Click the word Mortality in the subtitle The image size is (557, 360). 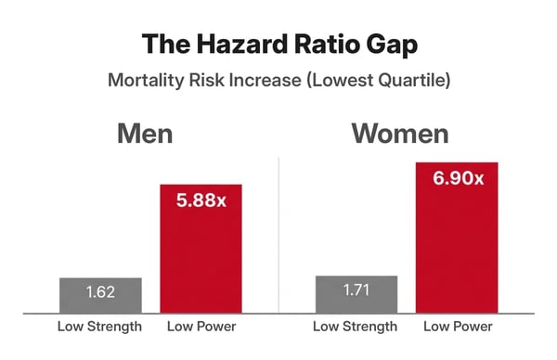[x=146, y=80]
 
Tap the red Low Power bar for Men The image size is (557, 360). [x=201, y=260]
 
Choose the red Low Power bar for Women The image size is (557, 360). [x=458, y=251]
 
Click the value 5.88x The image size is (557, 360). [x=201, y=199]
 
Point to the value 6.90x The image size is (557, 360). [x=458, y=177]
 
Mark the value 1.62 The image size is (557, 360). [x=100, y=293]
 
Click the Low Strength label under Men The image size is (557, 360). [x=100, y=327]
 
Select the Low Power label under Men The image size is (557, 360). [x=201, y=327]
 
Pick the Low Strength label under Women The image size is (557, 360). [x=356, y=327]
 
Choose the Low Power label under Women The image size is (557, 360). [x=458, y=327]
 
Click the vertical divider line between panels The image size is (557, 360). [x=279, y=241]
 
